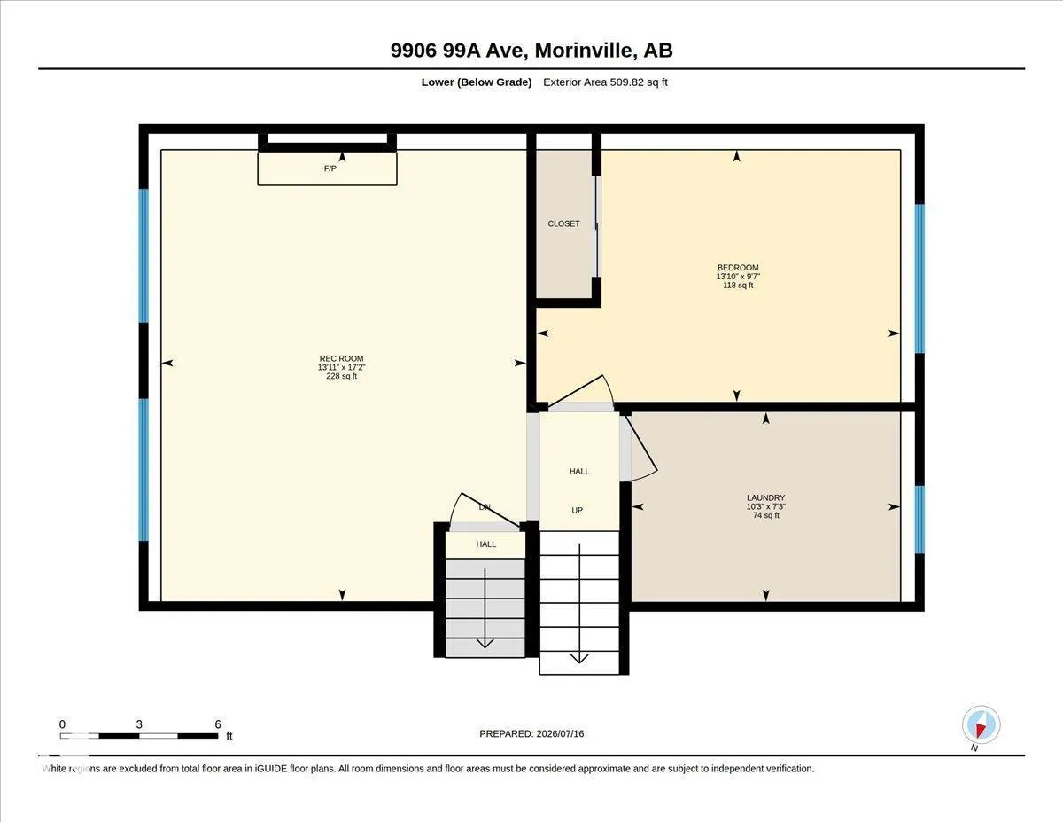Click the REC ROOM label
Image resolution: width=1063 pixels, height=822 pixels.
tap(341, 358)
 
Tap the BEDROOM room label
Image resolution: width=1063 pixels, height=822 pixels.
tap(738, 267)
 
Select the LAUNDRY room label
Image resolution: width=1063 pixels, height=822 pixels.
tap(765, 497)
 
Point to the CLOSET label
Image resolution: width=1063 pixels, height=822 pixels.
tap(563, 223)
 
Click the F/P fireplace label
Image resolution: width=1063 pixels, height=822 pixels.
tap(330, 168)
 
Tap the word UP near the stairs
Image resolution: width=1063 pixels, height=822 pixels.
tap(578, 510)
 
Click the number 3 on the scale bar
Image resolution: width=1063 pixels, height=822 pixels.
tap(139, 724)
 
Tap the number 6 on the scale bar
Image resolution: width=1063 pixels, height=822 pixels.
tap(218, 724)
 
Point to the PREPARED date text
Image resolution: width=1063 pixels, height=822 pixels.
tap(531, 733)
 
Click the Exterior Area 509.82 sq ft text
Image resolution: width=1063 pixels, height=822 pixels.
tap(605, 82)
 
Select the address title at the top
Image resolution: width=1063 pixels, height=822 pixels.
tap(531, 50)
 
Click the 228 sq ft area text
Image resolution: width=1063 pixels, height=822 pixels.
tap(341, 376)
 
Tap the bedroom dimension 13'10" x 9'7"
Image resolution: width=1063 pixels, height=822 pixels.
tap(738, 276)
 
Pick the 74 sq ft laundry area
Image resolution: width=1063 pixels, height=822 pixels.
tap(765, 515)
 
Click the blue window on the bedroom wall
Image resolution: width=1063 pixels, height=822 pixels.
tap(919, 278)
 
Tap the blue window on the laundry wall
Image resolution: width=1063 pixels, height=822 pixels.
tap(919, 520)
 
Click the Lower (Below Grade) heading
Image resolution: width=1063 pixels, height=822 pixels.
tap(477, 82)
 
